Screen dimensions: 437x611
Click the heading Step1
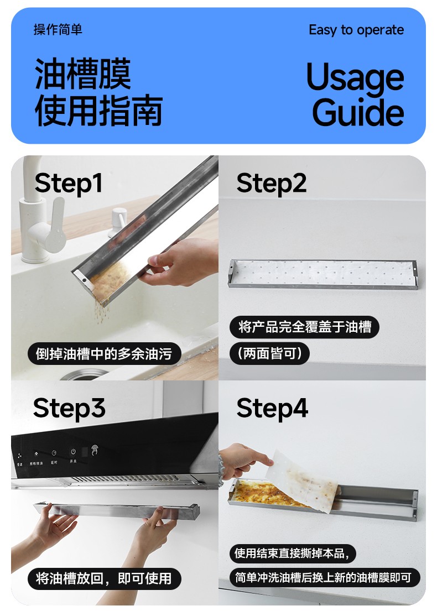[69, 184]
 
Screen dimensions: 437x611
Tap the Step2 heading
[271, 184]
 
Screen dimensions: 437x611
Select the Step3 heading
[69, 409]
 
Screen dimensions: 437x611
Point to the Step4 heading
[272, 409]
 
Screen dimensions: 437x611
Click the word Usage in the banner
[355, 77]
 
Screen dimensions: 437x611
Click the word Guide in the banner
[358, 112]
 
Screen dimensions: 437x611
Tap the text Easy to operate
[356, 30]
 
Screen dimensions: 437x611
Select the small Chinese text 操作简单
[58, 30]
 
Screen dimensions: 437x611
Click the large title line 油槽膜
[82, 74]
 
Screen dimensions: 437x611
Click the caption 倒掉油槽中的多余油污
[103, 354]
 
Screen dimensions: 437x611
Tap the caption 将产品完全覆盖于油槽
[304, 327]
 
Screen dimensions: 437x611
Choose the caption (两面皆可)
[270, 353]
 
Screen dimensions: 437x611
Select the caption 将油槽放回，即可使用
[103, 578]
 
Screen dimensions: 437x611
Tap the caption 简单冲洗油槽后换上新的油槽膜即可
[323, 577]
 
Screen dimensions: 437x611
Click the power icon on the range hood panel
[73, 452]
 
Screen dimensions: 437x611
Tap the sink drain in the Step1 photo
[85, 375]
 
